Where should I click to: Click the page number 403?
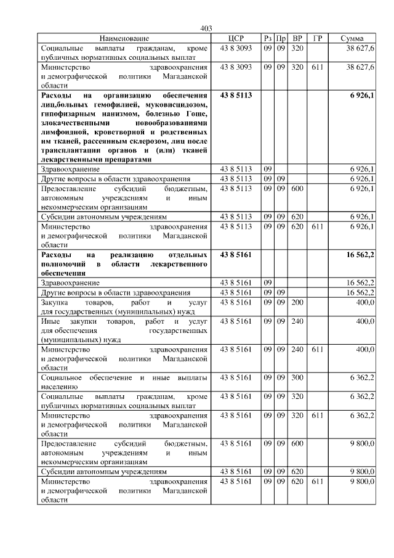(x=206, y=28)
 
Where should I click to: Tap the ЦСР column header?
(x=236, y=38)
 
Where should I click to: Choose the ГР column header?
(x=317, y=38)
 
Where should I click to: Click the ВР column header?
(x=297, y=38)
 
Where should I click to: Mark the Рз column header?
(x=267, y=38)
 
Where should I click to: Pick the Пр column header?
(x=280, y=38)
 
